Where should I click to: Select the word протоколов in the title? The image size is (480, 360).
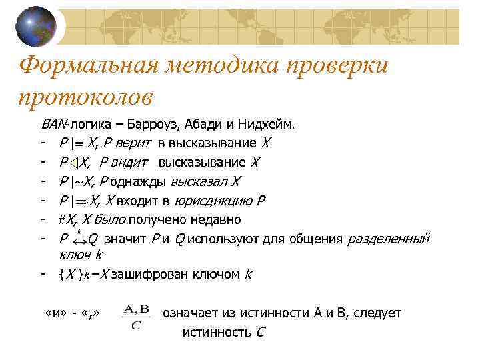tap(86, 97)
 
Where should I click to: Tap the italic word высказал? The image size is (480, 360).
tap(203, 181)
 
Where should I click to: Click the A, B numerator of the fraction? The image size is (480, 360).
tap(136, 309)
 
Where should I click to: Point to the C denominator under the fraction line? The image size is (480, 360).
tap(136, 325)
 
